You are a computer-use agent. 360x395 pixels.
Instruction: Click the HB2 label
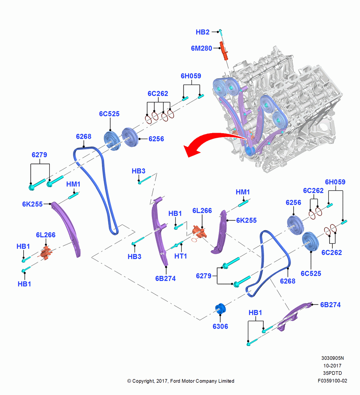point(202,32)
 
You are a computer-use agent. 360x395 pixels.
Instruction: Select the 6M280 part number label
point(201,48)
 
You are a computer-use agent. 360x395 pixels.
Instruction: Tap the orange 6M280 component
point(224,51)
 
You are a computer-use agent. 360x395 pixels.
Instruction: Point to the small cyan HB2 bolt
point(220,32)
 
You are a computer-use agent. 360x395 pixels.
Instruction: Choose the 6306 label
point(220,326)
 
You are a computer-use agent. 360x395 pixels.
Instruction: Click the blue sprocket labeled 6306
point(220,309)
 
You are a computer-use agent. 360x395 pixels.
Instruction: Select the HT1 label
point(181,256)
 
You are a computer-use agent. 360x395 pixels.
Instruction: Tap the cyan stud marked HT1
point(177,245)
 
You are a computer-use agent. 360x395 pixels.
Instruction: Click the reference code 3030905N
point(332,358)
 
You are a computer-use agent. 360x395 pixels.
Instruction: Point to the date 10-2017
point(332,365)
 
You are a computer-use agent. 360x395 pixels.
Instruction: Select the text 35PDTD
point(332,373)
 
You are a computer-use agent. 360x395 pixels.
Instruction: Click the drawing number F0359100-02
point(332,381)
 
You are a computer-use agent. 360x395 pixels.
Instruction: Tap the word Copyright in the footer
point(143,381)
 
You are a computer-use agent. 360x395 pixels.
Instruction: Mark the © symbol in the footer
point(129,381)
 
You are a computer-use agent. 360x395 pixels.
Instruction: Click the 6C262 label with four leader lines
point(158,94)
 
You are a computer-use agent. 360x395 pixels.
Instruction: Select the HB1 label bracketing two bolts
point(255,312)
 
